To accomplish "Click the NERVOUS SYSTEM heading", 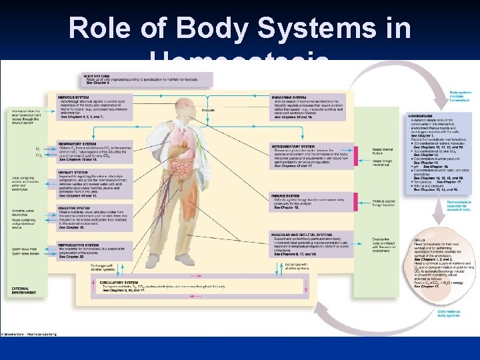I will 73,97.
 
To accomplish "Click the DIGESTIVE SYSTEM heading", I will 73,208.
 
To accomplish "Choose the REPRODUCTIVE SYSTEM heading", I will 77,245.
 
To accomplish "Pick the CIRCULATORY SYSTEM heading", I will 120,282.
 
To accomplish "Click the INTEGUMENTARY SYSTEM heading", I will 293,146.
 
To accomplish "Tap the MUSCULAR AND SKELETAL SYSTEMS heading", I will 302,235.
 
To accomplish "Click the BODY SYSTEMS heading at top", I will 97,76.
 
